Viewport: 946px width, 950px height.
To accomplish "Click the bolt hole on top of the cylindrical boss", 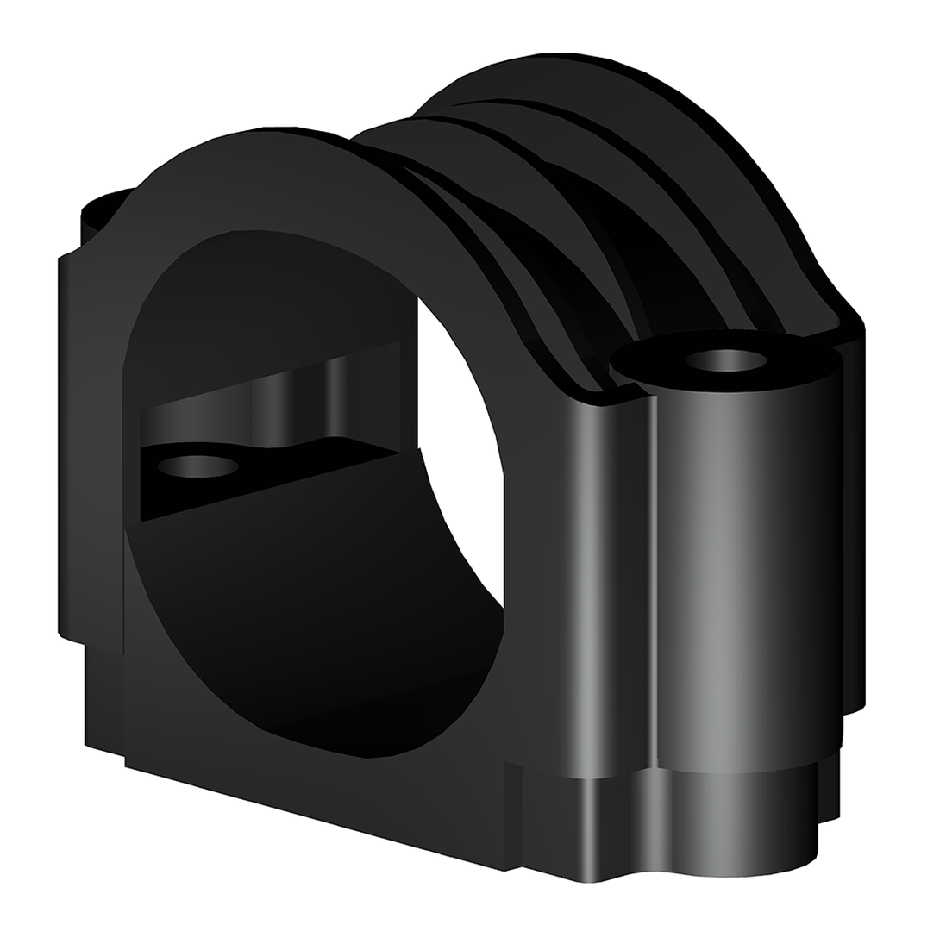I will (x=728, y=359).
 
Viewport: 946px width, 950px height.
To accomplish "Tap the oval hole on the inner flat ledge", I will (x=197, y=466).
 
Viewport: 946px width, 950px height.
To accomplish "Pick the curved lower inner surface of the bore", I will (x=345, y=655).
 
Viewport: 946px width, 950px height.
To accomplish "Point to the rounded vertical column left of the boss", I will (x=604, y=586).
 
